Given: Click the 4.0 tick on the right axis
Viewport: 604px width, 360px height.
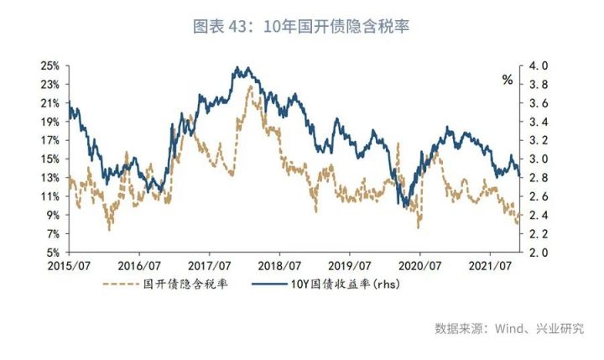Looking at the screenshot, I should point(538,65).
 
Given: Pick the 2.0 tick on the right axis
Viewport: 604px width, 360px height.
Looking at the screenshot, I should point(538,252).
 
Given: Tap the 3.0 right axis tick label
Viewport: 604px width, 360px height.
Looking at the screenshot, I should point(538,159).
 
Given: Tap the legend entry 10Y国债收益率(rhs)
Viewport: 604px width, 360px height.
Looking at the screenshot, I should point(347,285).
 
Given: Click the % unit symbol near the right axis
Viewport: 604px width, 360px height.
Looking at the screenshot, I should point(507,81).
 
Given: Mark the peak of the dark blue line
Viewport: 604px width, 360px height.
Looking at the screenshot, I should point(238,67).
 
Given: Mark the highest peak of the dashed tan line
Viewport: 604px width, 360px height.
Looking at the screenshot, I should point(250,86).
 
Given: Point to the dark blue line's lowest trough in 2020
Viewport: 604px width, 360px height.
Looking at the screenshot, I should point(406,206).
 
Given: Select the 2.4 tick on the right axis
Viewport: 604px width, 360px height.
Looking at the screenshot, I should point(538,215).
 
